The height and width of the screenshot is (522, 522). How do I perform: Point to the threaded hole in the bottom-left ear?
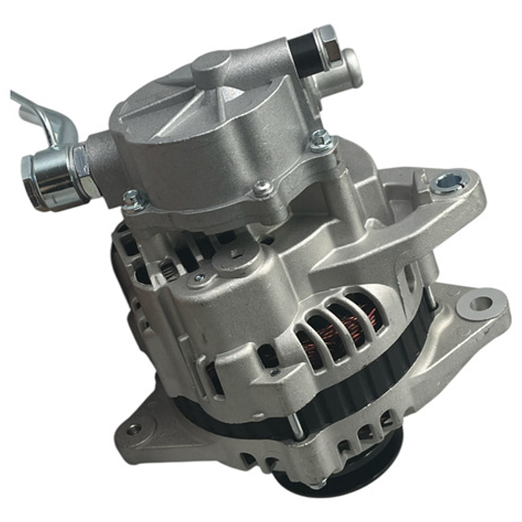click(x=134, y=429)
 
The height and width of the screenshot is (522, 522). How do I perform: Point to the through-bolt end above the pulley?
click(x=297, y=426)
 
